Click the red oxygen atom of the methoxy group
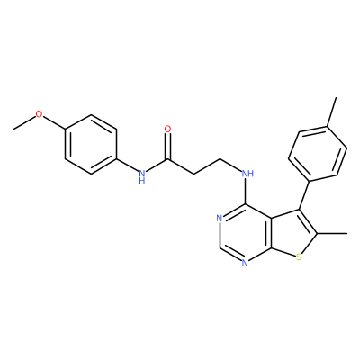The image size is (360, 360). pyautogui.click(x=39, y=114)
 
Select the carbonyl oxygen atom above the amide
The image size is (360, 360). pyautogui.click(x=168, y=129)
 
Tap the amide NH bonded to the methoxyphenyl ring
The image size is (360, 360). pyautogui.click(x=142, y=176)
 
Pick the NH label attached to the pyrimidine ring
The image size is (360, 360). pyautogui.click(x=247, y=174)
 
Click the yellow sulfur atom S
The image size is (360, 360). pyautogui.click(x=298, y=256)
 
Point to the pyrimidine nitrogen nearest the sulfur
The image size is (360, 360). pyautogui.click(x=245, y=264)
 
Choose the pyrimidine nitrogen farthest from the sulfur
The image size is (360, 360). pyautogui.click(x=220, y=219)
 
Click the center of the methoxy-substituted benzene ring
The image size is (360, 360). pyautogui.click(x=91, y=144)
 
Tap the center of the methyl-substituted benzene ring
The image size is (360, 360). pyautogui.click(x=318, y=154)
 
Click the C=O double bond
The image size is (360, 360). pyautogui.click(x=168, y=146)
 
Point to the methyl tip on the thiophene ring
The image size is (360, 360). pyautogui.click(x=347, y=233)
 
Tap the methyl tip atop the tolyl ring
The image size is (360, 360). pyautogui.click(x=336, y=97)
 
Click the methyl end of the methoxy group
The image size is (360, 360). pyautogui.click(x=13, y=129)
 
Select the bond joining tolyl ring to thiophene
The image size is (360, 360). pyautogui.click(x=304, y=195)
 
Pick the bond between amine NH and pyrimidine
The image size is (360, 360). pyautogui.click(x=246, y=191)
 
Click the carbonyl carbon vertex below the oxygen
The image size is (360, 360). pyautogui.click(x=168, y=159)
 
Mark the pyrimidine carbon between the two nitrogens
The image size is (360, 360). pyautogui.click(x=220, y=248)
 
